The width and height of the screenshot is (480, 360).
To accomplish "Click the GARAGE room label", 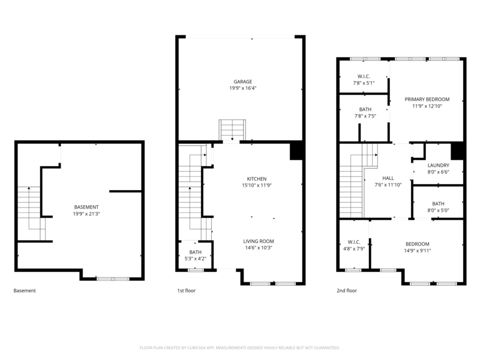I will coord(242,82).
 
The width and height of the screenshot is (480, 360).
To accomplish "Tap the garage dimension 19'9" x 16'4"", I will coord(242,88).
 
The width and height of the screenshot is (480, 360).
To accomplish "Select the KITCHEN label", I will coord(257,179).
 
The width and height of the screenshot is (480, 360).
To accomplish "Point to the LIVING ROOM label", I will coord(259,241).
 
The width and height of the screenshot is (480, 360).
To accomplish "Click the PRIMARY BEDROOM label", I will coord(427,100).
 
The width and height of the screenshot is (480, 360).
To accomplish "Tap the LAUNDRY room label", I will coord(438,166).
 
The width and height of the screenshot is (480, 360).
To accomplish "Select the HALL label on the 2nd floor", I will coord(388,179).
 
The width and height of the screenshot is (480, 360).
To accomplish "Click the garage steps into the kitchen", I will coord(231,130).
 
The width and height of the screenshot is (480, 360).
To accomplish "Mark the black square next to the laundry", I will coord(458,151).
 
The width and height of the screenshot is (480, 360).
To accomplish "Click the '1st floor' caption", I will coord(186,290).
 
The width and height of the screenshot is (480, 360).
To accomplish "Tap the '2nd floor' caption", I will coord(347,290).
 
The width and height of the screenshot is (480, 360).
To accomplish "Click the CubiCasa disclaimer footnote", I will coord(240,347).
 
